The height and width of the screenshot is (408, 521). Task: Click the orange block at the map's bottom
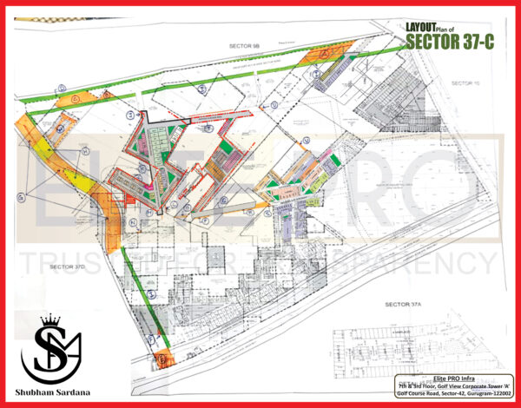(162, 357)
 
